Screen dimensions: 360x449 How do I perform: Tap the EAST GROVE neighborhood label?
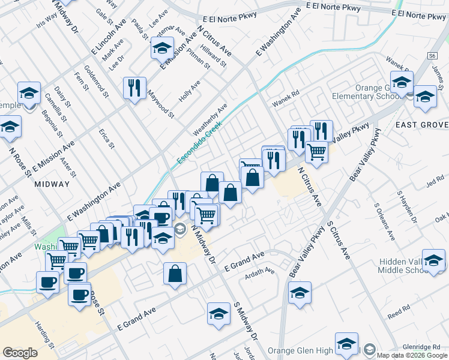pos(421,125)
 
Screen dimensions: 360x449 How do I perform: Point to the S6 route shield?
pos(432,56)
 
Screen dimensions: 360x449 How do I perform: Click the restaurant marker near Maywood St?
pos(134,88)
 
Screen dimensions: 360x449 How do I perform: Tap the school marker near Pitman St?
pos(161,47)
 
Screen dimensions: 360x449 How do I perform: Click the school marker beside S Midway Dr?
pos(218,313)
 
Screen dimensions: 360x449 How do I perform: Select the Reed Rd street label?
pos(398,314)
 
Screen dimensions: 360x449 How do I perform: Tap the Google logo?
pos(20,353)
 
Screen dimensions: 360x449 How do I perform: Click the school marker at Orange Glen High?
pos(346,343)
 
